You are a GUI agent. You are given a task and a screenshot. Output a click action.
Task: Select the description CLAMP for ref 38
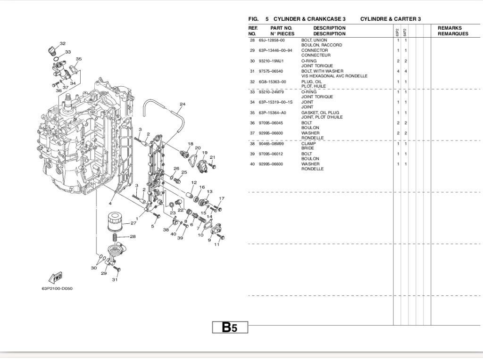click(308, 143)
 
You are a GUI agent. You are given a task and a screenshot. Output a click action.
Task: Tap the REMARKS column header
click(450, 28)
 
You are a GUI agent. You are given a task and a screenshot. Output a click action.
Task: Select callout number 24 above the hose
click(183, 104)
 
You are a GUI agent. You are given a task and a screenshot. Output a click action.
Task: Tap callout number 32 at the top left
click(63, 44)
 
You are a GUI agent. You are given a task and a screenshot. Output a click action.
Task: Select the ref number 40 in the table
click(252, 164)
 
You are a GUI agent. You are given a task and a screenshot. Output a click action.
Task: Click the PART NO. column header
click(282, 28)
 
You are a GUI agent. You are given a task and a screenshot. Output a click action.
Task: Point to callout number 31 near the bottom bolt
click(115, 280)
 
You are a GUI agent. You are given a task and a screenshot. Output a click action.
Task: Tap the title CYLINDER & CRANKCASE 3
click(309, 19)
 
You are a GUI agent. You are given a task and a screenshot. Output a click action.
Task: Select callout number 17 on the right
click(222, 198)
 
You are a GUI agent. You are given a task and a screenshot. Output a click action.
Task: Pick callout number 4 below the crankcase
click(110, 204)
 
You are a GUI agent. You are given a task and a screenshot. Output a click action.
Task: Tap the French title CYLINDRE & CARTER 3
click(390, 19)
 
